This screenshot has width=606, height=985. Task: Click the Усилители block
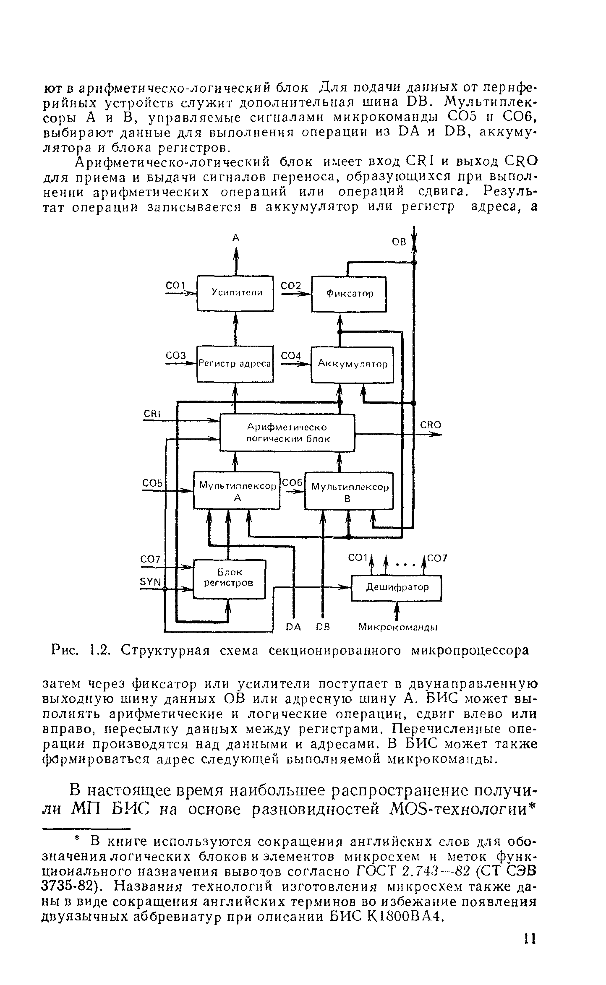(235, 293)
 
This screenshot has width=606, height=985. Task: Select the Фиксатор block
(349, 294)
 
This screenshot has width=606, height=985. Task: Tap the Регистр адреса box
(235, 364)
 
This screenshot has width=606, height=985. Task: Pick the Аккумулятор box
(352, 364)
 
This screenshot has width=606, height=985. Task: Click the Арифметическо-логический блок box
(287, 433)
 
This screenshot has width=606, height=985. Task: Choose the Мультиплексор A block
(237, 491)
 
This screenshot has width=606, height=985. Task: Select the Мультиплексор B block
(349, 492)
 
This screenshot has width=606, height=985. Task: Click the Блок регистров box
(229, 578)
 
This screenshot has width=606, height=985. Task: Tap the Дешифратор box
(397, 588)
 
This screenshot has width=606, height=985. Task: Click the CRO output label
(431, 425)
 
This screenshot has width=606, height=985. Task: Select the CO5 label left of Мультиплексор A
(152, 483)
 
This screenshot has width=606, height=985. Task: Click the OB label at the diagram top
(399, 242)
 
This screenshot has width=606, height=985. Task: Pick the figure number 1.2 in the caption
(100, 651)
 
